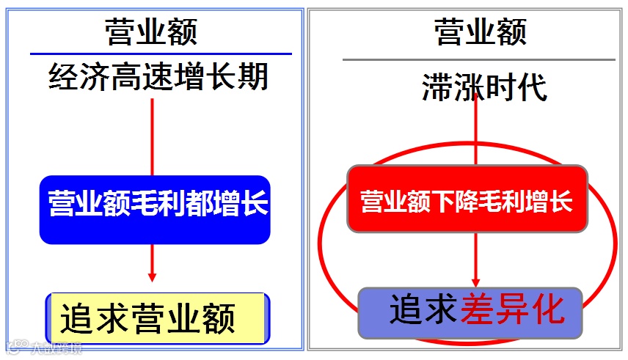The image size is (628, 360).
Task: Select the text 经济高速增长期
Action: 158,76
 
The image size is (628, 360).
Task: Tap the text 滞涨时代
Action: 483,88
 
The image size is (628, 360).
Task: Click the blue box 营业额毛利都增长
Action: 155,209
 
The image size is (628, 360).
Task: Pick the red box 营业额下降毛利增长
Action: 467,199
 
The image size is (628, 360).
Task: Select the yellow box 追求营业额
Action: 156,318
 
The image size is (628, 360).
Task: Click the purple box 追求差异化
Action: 470,312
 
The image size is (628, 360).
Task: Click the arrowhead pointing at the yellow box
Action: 152,276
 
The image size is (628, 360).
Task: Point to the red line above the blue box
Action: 152,136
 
